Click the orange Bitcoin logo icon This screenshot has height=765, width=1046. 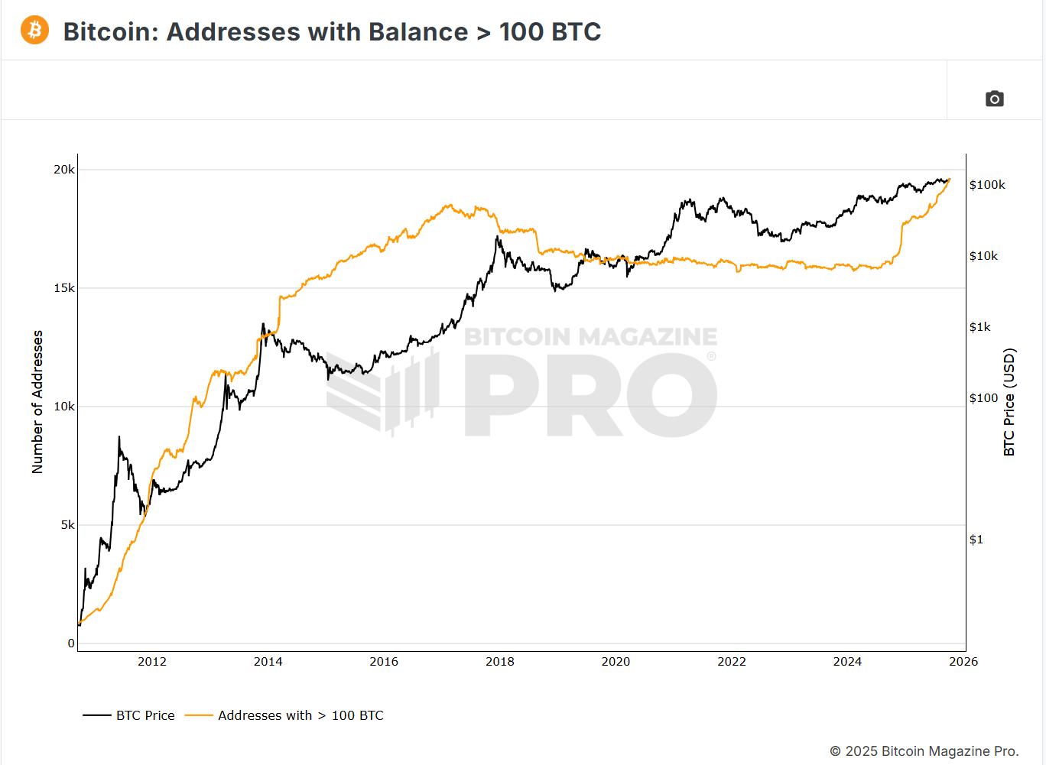pos(34,31)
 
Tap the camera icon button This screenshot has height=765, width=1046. pos(994,99)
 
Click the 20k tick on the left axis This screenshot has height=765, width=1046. pos(64,170)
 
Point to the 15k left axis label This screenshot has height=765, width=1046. pos(64,288)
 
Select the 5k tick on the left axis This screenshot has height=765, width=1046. pos(68,525)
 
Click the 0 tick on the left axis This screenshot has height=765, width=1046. pos(71,643)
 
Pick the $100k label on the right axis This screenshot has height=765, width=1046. pos(987,185)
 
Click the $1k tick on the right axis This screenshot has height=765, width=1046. pos(979,327)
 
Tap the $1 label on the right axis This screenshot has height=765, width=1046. pos(976,540)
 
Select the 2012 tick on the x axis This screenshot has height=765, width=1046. pos(152,662)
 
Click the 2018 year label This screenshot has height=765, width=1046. pos(500,662)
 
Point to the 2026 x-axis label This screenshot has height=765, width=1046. pos(963,662)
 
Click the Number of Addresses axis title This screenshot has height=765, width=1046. pos(37,402)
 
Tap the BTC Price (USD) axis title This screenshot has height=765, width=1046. pos(1009,402)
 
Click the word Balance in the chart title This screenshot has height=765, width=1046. pos(418,32)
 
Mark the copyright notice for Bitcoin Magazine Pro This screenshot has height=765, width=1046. pos(924,751)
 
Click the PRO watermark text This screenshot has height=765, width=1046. pos(590,395)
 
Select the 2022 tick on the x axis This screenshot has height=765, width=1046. pos(732,662)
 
